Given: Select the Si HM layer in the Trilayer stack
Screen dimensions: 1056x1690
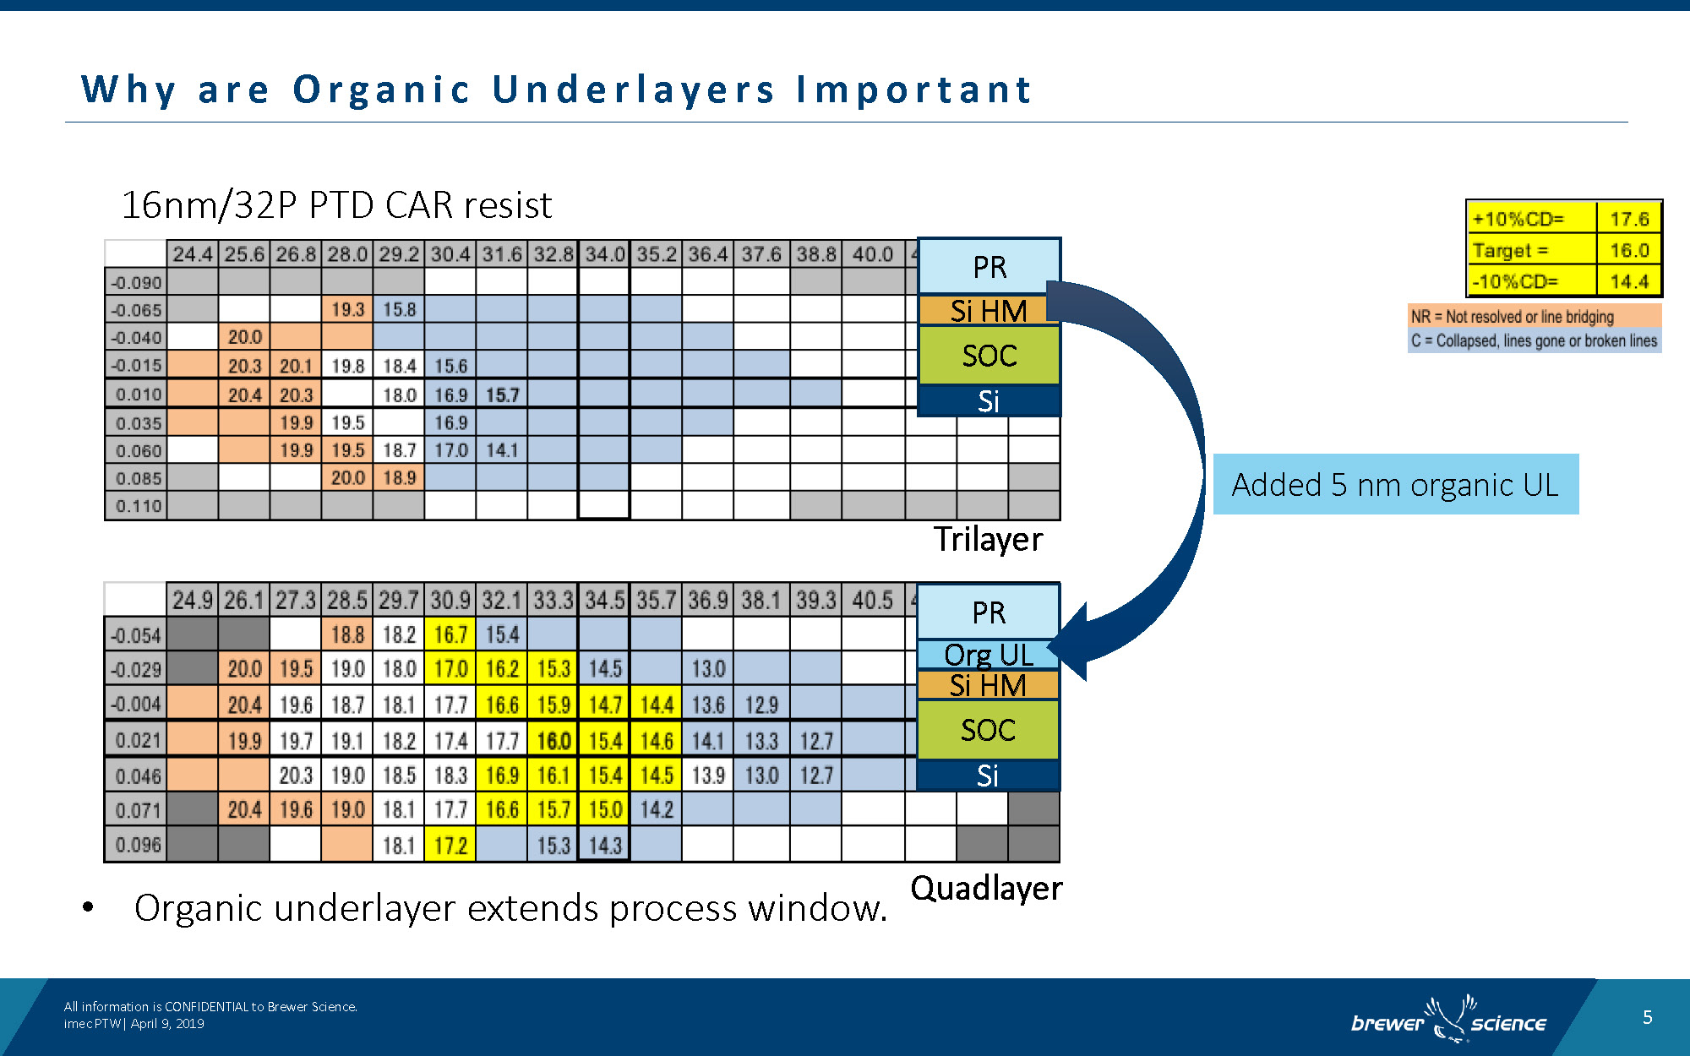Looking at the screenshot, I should click(x=988, y=311).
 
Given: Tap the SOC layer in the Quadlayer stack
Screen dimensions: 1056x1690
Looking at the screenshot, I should click(x=988, y=730).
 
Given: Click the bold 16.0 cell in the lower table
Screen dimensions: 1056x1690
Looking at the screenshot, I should click(x=553, y=741).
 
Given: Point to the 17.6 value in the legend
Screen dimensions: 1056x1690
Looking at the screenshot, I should click(x=1628, y=219).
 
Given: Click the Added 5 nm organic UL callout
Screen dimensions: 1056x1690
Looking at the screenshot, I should click(x=1395, y=484).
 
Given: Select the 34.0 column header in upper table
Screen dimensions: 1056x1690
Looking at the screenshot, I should click(x=604, y=254).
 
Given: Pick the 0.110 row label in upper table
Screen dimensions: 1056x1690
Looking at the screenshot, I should click(x=138, y=506).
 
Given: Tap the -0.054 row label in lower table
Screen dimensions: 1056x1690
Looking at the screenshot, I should click(x=136, y=635).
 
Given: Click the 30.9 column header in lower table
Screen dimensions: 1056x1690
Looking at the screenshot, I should click(x=450, y=601).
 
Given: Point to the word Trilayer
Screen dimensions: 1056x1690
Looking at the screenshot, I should click(x=987, y=539).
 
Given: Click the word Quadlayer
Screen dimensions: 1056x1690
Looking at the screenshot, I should click(x=986, y=888).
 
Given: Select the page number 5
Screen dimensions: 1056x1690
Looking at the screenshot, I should click(x=1647, y=1017).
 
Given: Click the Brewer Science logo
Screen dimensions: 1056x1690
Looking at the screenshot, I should click(x=1448, y=1020).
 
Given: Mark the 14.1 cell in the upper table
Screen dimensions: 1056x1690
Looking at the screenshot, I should click(x=502, y=450).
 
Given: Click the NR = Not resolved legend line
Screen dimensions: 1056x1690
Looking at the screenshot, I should click(x=1512, y=317).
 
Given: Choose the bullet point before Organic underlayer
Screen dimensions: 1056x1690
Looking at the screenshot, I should click(x=88, y=908).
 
